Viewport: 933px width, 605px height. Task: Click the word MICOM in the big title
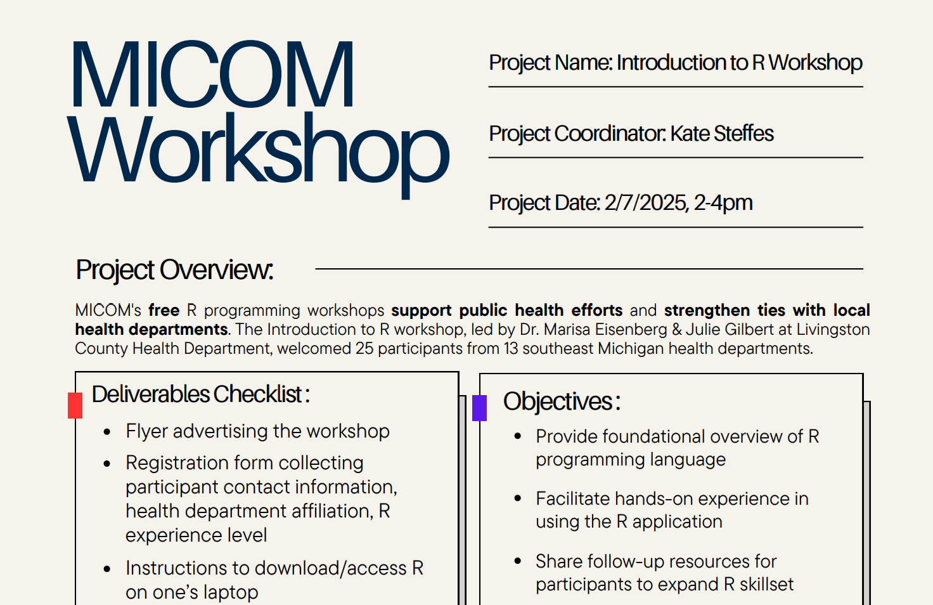tap(212, 74)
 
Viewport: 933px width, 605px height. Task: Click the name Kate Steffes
tap(722, 133)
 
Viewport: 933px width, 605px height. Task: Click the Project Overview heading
tap(174, 270)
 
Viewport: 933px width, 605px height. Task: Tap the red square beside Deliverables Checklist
tap(75, 405)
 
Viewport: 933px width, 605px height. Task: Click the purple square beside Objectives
tap(479, 408)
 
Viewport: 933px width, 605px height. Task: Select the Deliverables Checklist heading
tap(201, 394)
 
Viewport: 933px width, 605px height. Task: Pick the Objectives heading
tap(562, 401)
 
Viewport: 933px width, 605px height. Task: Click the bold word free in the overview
tap(164, 310)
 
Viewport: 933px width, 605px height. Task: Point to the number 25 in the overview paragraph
tap(364, 348)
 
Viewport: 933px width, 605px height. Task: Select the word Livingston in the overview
tap(833, 330)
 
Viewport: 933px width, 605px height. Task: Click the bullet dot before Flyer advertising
tap(107, 432)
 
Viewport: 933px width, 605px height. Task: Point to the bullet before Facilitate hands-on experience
tap(518, 498)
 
